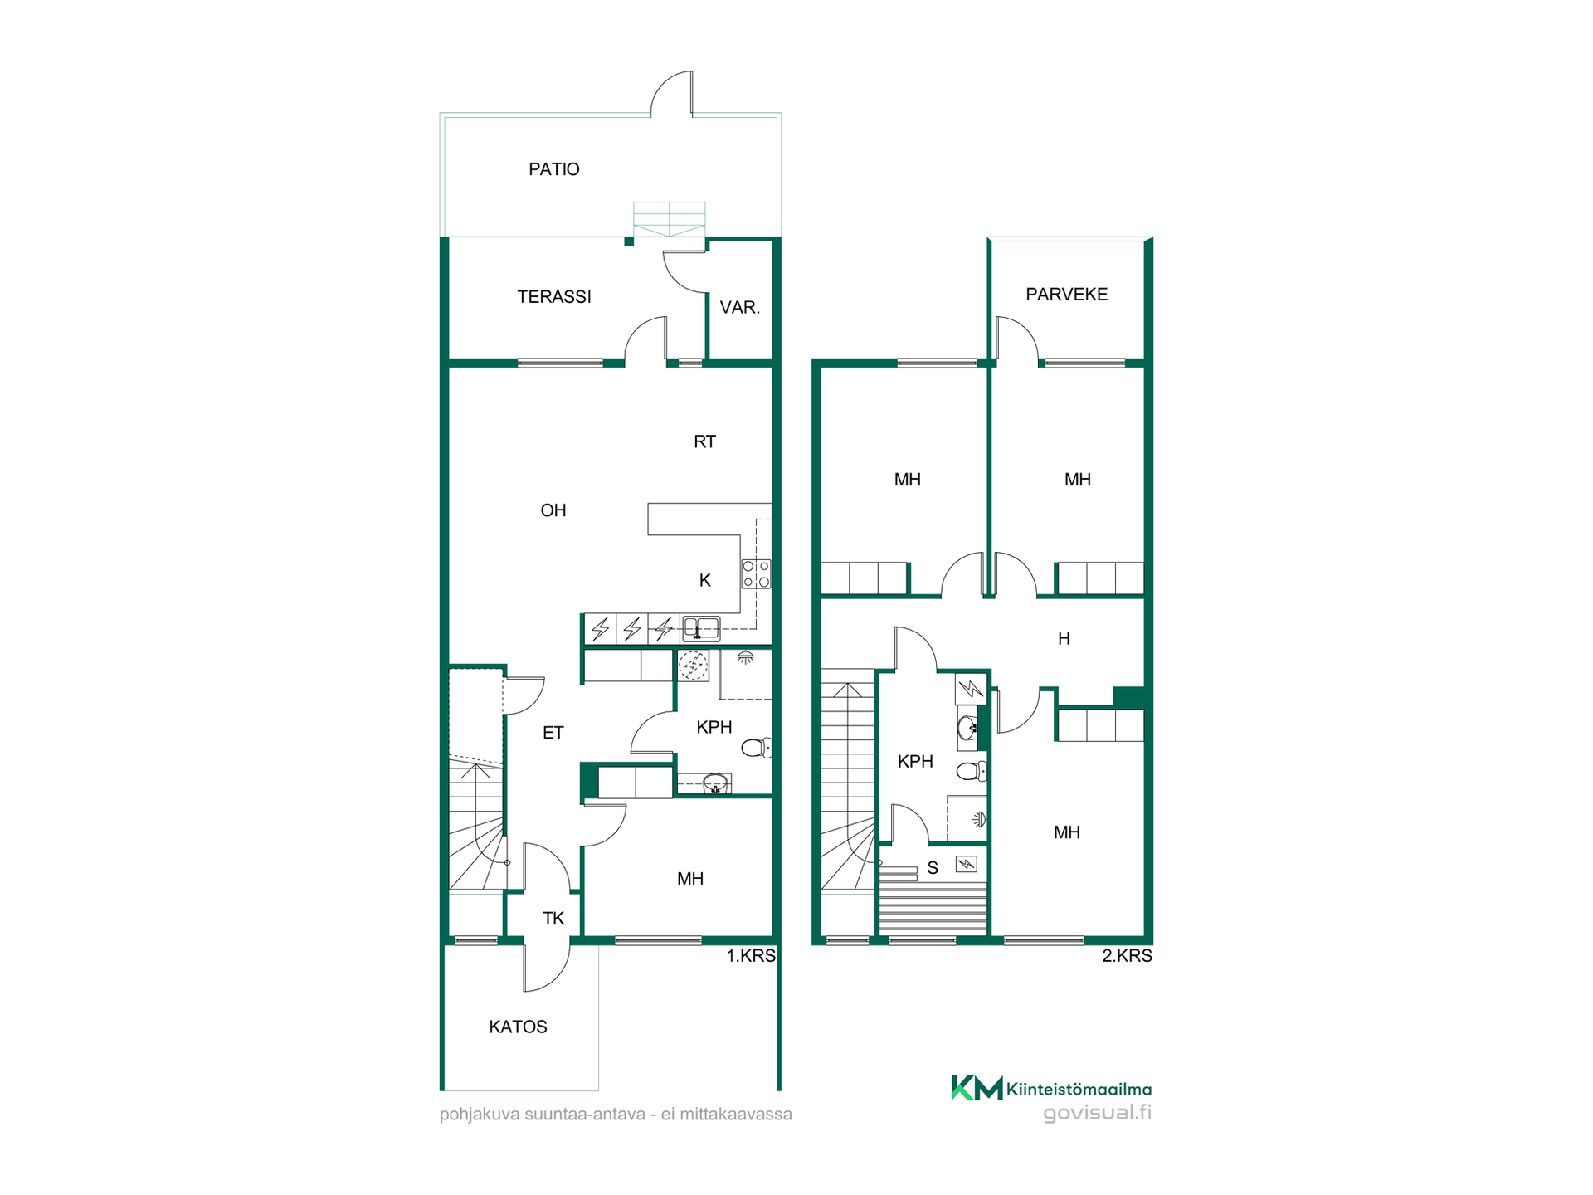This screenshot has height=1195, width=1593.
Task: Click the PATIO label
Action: (x=554, y=169)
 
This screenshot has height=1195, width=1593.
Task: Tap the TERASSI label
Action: (x=554, y=296)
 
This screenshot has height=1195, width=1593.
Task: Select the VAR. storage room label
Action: (x=739, y=307)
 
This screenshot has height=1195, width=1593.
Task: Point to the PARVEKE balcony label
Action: (x=1066, y=294)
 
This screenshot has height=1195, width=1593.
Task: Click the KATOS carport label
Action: (x=518, y=1027)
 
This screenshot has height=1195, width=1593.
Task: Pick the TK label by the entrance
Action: (x=553, y=918)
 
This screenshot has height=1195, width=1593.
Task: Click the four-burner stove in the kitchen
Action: (x=756, y=573)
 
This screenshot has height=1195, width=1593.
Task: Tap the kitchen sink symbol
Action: (x=700, y=628)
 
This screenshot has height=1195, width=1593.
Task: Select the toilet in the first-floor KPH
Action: (x=756, y=748)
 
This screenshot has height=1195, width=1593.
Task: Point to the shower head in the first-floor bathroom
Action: (x=745, y=657)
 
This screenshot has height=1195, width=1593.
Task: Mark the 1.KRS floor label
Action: (x=751, y=955)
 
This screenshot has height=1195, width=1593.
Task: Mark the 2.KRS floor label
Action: (x=1127, y=955)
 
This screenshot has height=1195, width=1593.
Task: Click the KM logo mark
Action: (x=977, y=1087)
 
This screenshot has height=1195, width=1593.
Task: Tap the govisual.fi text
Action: (x=1098, y=1113)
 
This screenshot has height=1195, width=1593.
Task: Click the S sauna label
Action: (x=933, y=868)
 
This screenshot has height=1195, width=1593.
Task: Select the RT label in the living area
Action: (x=704, y=441)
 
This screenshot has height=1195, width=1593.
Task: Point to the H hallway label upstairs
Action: (x=1064, y=638)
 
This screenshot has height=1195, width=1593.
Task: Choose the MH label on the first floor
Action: (x=690, y=879)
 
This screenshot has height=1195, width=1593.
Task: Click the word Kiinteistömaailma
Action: (x=1079, y=1089)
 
